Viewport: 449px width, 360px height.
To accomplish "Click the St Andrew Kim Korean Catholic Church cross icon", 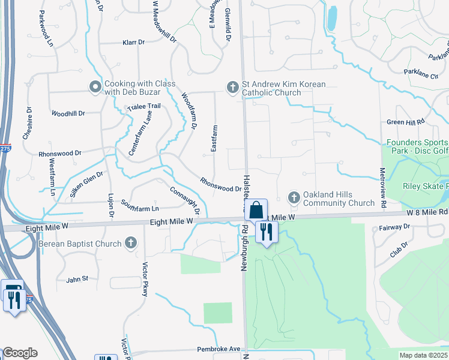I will click(x=233, y=88).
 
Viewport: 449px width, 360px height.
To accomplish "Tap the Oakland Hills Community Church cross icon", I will click(x=294, y=197).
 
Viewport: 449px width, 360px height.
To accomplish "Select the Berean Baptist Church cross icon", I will click(x=132, y=243).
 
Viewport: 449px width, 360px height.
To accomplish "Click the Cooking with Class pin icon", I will click(x=95, y=88).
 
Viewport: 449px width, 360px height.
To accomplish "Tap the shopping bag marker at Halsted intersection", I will click(x=256, y=211).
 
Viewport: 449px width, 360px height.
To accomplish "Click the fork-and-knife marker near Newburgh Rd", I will click(x=266, y=231).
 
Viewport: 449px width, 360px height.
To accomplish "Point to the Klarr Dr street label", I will click(x=134, y=43).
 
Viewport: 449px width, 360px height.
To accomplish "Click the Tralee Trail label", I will click(x=144, y=106).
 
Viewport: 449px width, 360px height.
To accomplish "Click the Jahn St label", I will click(x=77, y=279).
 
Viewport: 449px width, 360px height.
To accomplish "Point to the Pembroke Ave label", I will click(x=218, y=349).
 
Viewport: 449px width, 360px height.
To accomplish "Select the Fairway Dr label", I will click(x=394, y=227).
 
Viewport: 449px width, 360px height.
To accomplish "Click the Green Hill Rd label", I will click(x=405, y=122).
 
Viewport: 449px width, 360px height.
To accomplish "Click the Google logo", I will click(x=19, y=353).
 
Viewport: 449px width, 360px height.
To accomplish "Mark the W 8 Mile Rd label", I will click(x=427, y=212).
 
